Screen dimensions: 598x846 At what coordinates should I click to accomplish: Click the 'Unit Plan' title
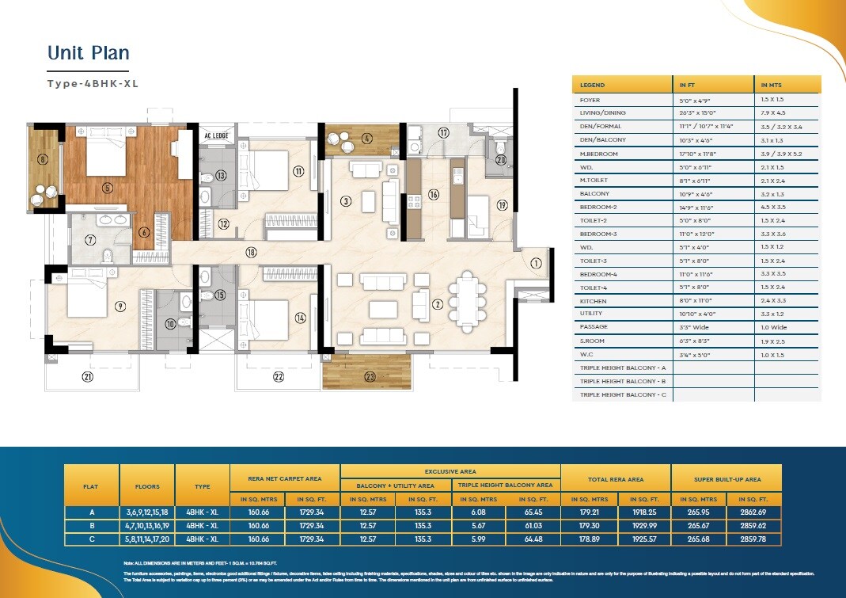[88, 53]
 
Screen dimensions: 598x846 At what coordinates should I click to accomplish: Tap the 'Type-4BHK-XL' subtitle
[93, 83]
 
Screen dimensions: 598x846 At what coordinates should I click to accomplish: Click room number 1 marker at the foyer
[535, 264]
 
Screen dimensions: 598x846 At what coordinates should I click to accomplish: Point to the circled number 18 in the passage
[251, 253]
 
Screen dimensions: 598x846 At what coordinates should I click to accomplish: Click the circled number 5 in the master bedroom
[108, 188]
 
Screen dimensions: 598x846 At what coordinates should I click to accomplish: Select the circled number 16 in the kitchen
[433, 194]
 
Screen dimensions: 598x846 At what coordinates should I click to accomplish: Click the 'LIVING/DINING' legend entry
[603, 112]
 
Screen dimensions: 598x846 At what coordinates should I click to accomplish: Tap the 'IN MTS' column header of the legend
[772, 85]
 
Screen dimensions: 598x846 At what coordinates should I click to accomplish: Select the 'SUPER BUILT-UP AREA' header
[726, 479]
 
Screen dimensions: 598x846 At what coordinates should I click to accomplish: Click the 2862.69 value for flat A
[753, 512]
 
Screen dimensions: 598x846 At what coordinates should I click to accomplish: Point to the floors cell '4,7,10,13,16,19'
[147, 525]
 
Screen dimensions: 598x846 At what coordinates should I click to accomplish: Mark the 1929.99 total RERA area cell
[643, 525]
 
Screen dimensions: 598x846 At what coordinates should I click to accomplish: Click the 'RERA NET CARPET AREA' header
[285, 479]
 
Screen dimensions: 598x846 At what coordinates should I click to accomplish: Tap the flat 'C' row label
[92, 539]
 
